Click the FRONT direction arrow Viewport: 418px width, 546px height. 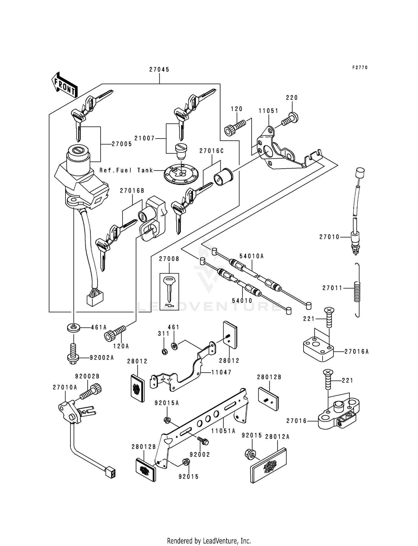[64, 85]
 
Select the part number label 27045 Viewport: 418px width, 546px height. [159, 70]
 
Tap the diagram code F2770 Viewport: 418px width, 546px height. [360, 68]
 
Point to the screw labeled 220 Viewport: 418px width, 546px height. [290, 119]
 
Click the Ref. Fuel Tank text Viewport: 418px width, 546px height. [126, 170]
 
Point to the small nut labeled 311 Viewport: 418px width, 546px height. [164, 351]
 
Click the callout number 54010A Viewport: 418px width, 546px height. [252, 256]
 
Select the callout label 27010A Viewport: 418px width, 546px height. [65, 387]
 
